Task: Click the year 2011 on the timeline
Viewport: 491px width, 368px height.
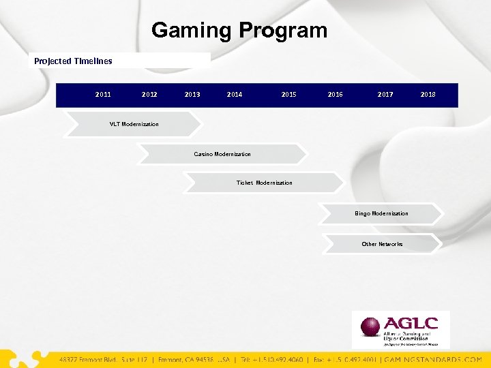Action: (103, 95)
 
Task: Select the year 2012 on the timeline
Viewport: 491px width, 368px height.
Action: (149, 95)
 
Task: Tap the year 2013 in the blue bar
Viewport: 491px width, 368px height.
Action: (192, 95)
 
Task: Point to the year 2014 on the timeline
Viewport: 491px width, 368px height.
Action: (235, 95)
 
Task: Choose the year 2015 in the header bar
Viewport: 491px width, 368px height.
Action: (288, 95)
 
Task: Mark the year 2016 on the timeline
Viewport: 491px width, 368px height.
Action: (335, 95)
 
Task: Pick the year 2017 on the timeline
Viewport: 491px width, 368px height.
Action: (385, 95)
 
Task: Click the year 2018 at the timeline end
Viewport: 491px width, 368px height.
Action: (428, 95)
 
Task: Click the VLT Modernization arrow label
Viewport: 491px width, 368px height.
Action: (134, 124)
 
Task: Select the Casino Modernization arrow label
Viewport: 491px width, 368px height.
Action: (222, 154)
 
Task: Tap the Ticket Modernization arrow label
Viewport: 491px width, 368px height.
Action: (264, 183)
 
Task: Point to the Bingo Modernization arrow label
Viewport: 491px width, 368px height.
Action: (381, 213)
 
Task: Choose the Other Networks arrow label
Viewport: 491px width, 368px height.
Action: (382, 244)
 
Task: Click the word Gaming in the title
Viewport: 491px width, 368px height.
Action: (192, 31)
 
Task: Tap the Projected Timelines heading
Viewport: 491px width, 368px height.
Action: (73, 61)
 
